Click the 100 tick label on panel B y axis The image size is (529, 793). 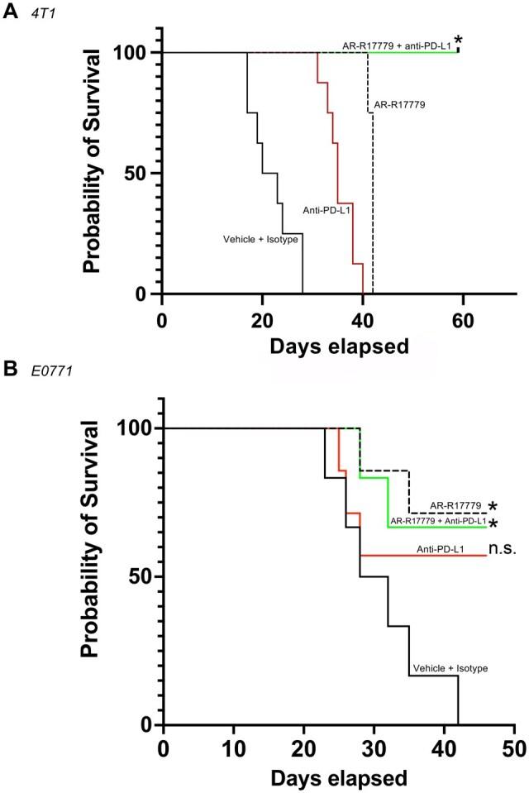click(x=131, y=428)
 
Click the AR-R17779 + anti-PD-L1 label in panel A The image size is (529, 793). click(x=396, y=45)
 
